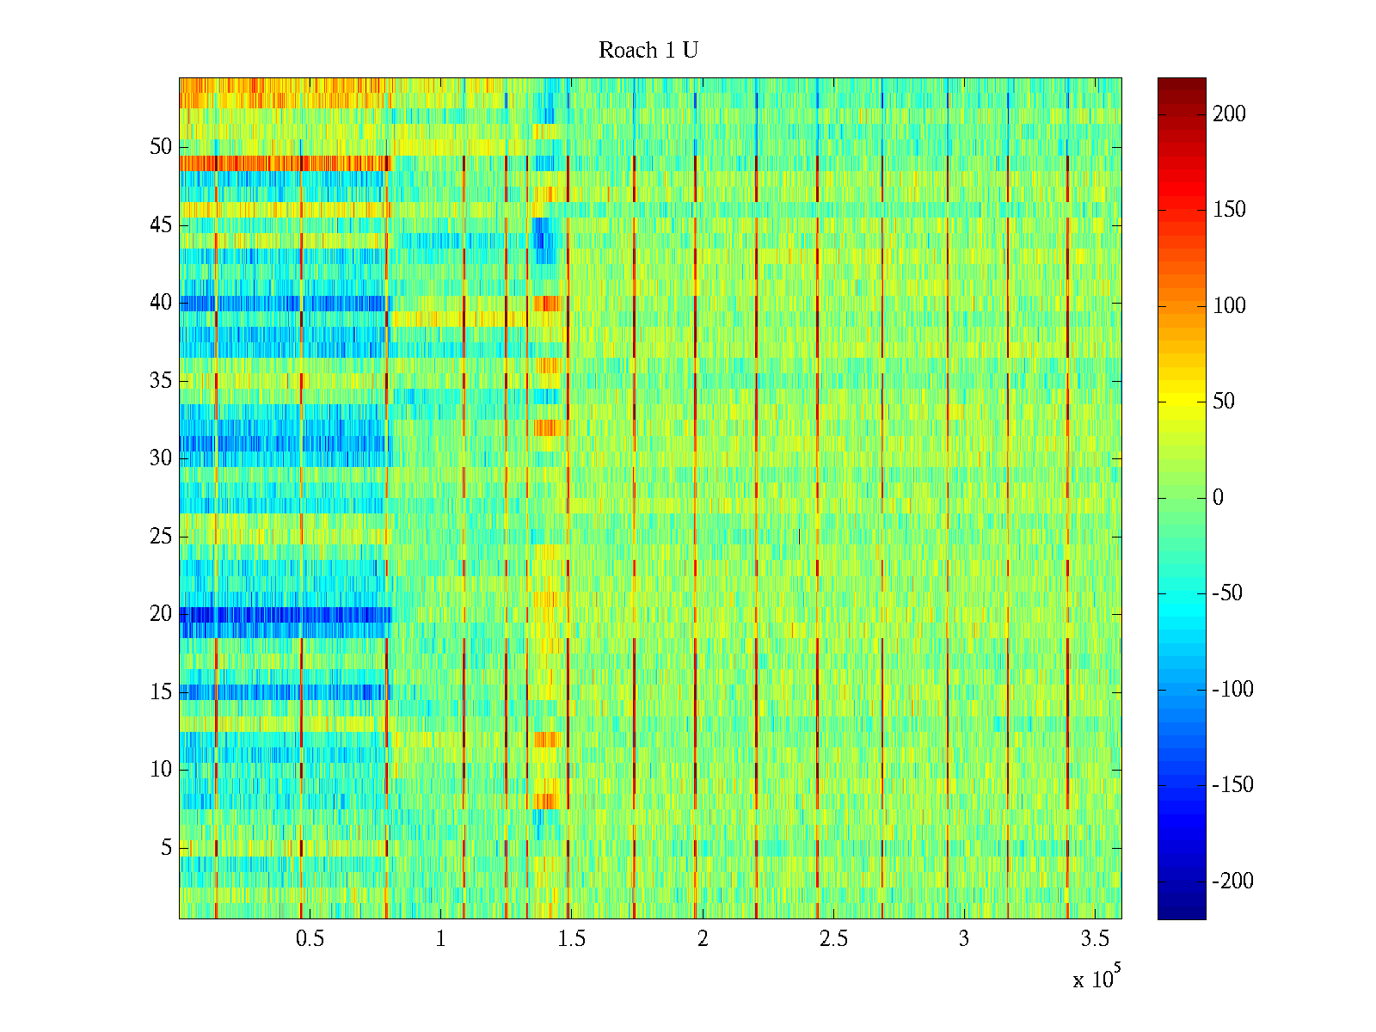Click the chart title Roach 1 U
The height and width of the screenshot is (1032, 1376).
(x=648, y=51)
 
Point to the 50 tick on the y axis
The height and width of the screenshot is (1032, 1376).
(x=161, y=147)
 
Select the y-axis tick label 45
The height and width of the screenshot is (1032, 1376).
(x=161, y=225)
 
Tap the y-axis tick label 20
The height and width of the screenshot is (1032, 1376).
(x=161, y=614)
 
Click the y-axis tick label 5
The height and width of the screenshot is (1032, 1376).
(x=166, y=848)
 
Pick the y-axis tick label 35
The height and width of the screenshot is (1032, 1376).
(x=161, y=381)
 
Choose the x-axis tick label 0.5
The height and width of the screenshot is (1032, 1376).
(x=310, y=939)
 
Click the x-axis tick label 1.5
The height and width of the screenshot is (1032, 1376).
(x=571, y=939)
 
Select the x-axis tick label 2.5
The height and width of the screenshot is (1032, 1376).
(x=832, y=939)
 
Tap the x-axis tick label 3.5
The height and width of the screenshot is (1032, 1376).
(x=1094, y=939)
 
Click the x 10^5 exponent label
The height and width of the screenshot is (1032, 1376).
(x=1096, y=978)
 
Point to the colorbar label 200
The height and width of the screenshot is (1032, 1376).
(x=1229, y=114)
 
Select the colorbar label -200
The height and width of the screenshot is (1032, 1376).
(x=1232, y=881)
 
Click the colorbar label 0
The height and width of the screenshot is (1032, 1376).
(x=1218, y=498)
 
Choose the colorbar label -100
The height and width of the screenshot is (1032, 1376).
(x=1232, y=690)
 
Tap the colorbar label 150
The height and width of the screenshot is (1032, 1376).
(x=1229, y=210)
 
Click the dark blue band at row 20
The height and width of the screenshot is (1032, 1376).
(x=284, y=615)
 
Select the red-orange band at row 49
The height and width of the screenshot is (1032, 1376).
(x=284, y=163)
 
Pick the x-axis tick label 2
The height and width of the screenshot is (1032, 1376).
(x=703, y=939)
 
